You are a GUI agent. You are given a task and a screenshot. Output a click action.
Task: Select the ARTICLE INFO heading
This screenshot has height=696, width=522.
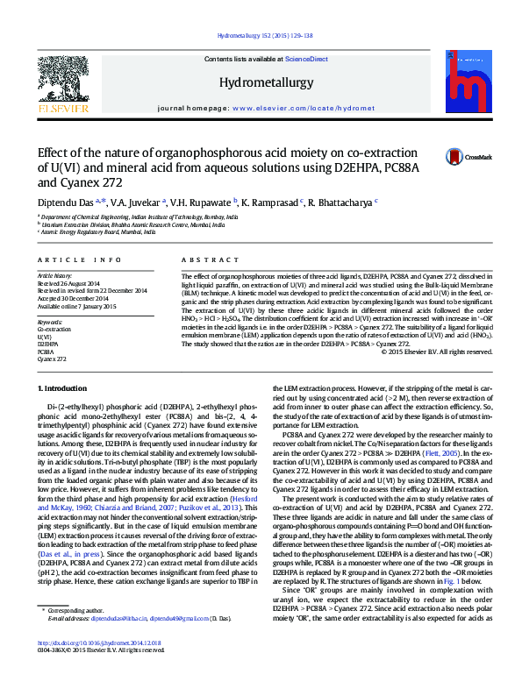(78, 260)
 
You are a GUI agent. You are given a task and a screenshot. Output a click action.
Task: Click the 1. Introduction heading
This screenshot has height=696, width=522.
(65, 387)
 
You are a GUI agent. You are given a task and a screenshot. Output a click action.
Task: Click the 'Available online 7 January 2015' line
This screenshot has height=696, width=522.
(75, 304)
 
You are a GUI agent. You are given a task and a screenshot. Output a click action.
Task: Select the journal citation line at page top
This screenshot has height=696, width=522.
(260, 37)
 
